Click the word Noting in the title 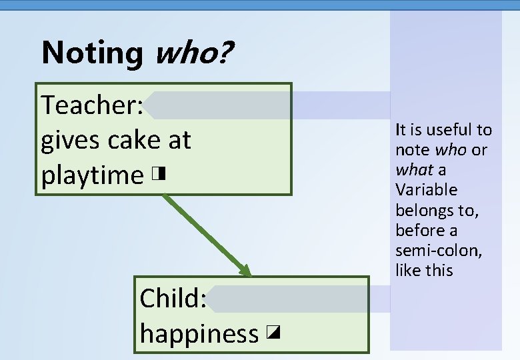91,53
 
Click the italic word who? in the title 193,53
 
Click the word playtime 92,176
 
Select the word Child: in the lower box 173,299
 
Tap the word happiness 199,333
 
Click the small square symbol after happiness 271,332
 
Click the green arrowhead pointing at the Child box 245,271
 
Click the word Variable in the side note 426,190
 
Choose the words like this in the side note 423,271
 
